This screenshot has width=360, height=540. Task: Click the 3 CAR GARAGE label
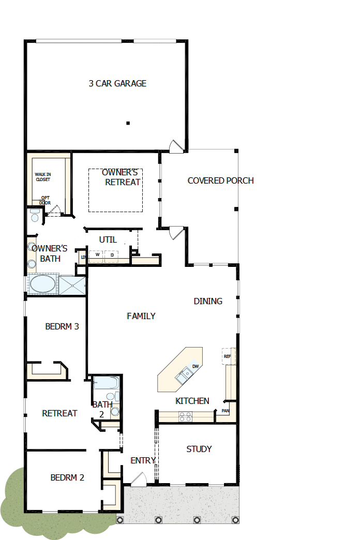coord(117,83)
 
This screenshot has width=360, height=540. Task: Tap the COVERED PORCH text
coord(221,181)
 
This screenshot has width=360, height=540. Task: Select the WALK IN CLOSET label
coord(43,177)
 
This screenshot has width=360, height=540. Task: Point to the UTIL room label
coord(108,240)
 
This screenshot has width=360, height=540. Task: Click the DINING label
coord(208,301)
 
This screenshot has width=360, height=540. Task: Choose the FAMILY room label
coord(141,316)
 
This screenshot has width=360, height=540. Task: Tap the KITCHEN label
coord(192,401)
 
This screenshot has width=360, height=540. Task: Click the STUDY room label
coord(199,449)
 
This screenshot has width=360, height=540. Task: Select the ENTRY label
coord(143,460)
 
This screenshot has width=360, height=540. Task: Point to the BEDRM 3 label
coord(62,326)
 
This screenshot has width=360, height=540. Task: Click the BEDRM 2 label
coord(67,477)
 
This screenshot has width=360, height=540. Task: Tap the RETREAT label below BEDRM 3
coord(59,413)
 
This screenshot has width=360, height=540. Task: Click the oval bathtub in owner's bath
coord(43,284)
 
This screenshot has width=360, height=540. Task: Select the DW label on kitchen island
coord(196,367)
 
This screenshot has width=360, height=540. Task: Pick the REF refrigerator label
coord(227,356)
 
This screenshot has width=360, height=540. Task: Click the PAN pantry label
coord(226,411)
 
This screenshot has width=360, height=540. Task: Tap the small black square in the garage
coord(128,123)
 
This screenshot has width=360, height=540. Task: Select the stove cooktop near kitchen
coord(185,415)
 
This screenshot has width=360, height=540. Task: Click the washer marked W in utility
coord(97,254)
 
